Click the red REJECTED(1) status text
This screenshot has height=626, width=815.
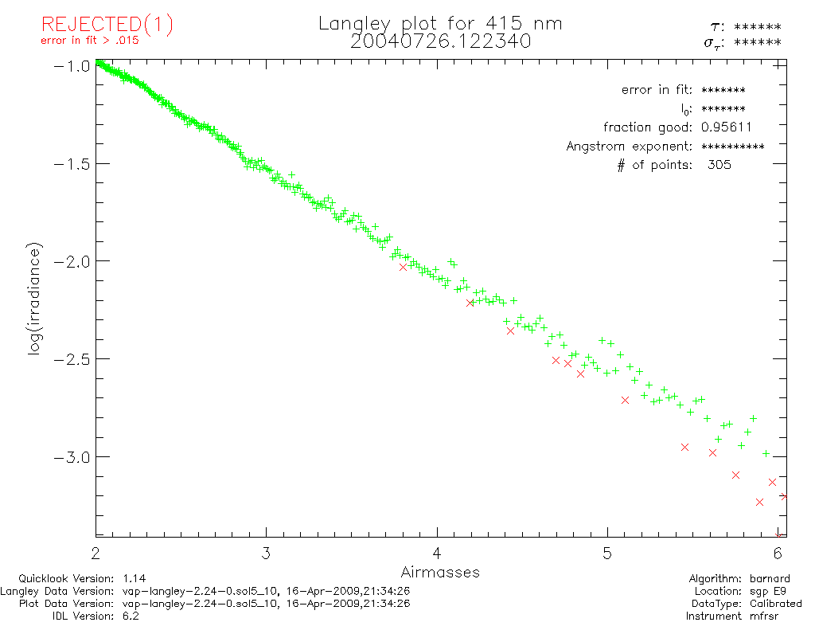click(107, 25)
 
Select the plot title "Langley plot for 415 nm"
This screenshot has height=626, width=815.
click(440, 24)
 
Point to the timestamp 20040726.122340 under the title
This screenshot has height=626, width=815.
click(440, 41)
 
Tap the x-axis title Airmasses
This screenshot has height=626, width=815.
click(440, 572)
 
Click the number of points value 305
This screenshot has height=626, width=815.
click(719, 166)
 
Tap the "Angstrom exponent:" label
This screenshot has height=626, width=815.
click(630, 147)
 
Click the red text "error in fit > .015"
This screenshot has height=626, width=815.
click(89, 41)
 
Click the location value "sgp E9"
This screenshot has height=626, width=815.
click(771, 591)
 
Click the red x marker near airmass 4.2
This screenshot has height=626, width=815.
click(470, 303)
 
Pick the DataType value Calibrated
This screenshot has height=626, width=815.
click(776, 604)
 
